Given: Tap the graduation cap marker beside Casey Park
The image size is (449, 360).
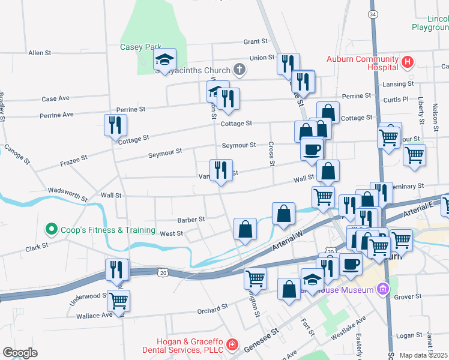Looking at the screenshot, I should click(x=164, y=60).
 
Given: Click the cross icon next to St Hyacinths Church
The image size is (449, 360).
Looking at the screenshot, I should click(x=239, y=70).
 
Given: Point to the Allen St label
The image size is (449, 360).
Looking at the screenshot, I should click(x=40, y=53).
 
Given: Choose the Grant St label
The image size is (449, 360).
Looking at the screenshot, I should click(x=255, y=41).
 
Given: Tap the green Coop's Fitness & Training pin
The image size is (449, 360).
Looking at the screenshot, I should click(x=52, y=229).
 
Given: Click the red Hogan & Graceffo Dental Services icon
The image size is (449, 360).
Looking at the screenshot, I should click(x=232, y=346).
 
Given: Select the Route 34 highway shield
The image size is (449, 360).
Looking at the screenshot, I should click(x=373, y=14).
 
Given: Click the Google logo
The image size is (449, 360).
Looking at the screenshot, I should click(x=20, y=353).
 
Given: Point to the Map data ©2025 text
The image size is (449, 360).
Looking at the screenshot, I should click(x=424, y=355).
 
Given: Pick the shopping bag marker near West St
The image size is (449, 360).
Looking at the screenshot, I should click(x=245, y=229).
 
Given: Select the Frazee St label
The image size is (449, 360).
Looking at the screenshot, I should click(x=74, y=161).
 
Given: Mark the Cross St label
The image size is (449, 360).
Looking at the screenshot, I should click(x=271, y=154).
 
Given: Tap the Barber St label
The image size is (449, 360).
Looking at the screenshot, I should click(x=191, y=220).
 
